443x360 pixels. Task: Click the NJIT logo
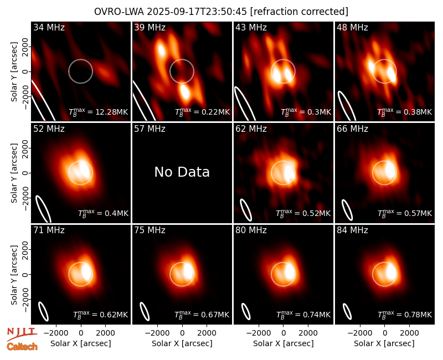pos(22,333)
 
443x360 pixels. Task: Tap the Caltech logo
pos(22,347)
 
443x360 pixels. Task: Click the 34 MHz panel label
pos(49,27)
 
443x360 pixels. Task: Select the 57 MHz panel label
pos(150,129)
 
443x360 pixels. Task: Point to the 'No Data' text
pos(182,172)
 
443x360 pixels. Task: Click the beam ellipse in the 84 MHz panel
pos(347,311)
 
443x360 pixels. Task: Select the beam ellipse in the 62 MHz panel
pos(246,210)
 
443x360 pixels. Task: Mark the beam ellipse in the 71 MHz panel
pos(44,311)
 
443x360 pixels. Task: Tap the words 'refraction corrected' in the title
pos(299,12)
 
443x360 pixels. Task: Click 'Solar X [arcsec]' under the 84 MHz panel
pos(384,343)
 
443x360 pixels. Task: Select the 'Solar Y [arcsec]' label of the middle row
pos(14,173)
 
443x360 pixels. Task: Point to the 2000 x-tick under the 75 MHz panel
pos(207,333)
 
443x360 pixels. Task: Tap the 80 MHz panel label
pos(251,230)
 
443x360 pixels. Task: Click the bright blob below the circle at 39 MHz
pos(184,91)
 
